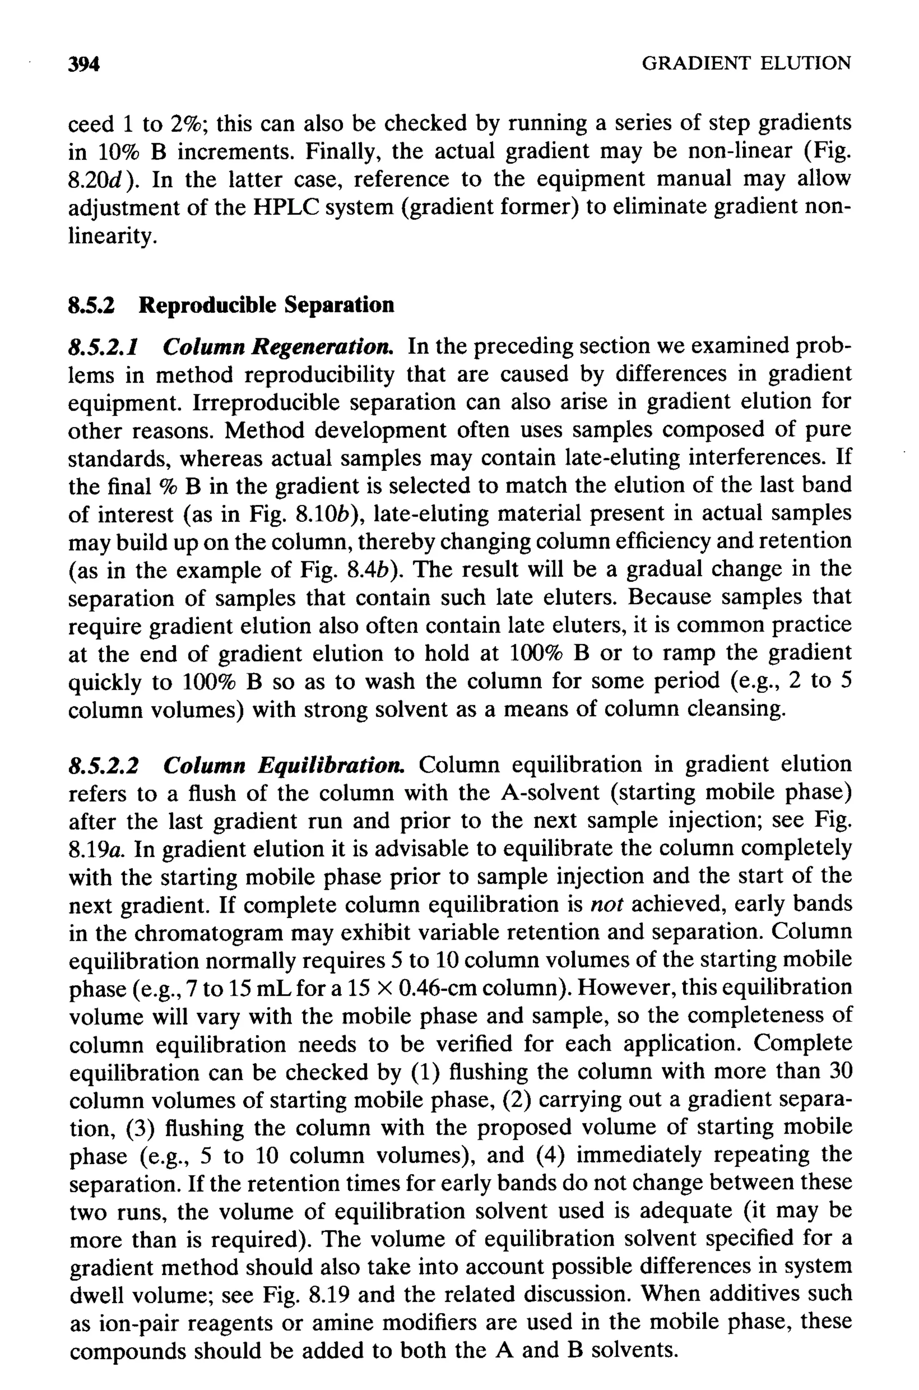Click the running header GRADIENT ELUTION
pyautogui.click(x=746, y=63)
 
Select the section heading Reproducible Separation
pyautogui.click(x=267, y=305)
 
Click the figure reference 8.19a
pyautogui.click(x=98, y=850)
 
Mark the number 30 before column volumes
pyautogui.click(x=836, y=1072)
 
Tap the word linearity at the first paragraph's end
pyautogui.click(x=111, y=236)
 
